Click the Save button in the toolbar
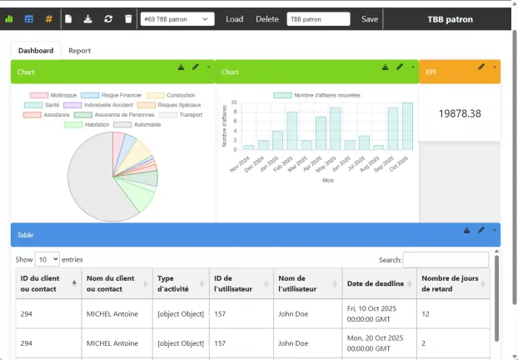(x=370, y=19)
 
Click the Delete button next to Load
(x=267, y=19)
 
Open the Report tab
(x=80, y=51)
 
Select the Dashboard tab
(x=36, y=51)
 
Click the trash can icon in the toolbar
(x=128, y=19)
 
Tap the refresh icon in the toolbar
(x=108, y=19)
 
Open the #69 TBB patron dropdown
(x=177, y=19)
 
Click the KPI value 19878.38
(x=459, y=112)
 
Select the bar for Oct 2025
(x=407, y=127)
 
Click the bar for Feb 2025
(x=292, y=131)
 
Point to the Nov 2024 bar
(x=249, y=147)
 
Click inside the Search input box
(x=445, y=260)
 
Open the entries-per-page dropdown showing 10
(x=47, y=260)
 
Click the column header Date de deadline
(x=374, y=284)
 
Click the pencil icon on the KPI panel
(x=481, y=67)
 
